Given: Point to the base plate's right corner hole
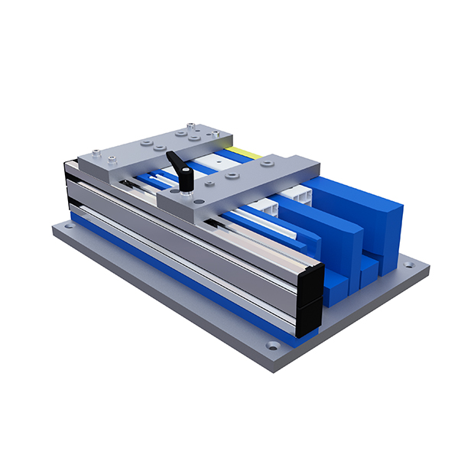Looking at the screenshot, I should pos(409,266).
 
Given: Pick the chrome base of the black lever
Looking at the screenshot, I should pos(186,190).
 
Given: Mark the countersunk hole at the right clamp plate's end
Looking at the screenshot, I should pos(267,162).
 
